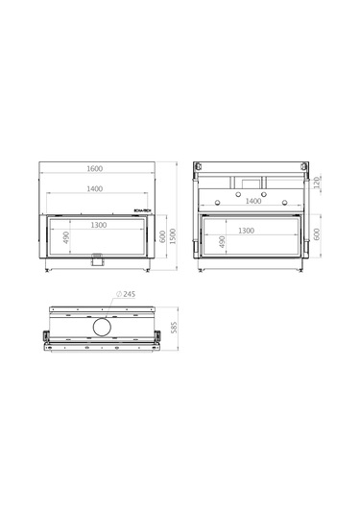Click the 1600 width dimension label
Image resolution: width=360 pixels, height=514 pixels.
coord(94,169)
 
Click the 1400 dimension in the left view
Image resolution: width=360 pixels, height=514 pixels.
coord(94,190)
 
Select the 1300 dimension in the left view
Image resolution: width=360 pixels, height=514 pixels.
coord(99,224)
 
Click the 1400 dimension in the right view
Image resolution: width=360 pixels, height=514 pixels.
coord(253,202)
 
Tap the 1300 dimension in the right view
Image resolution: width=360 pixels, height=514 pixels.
coord(245,231)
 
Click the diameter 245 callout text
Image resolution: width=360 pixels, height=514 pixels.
coord(127,295)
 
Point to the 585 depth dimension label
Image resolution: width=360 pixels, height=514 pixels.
coord(174,327)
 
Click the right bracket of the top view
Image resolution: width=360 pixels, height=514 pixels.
coord(156,335)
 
